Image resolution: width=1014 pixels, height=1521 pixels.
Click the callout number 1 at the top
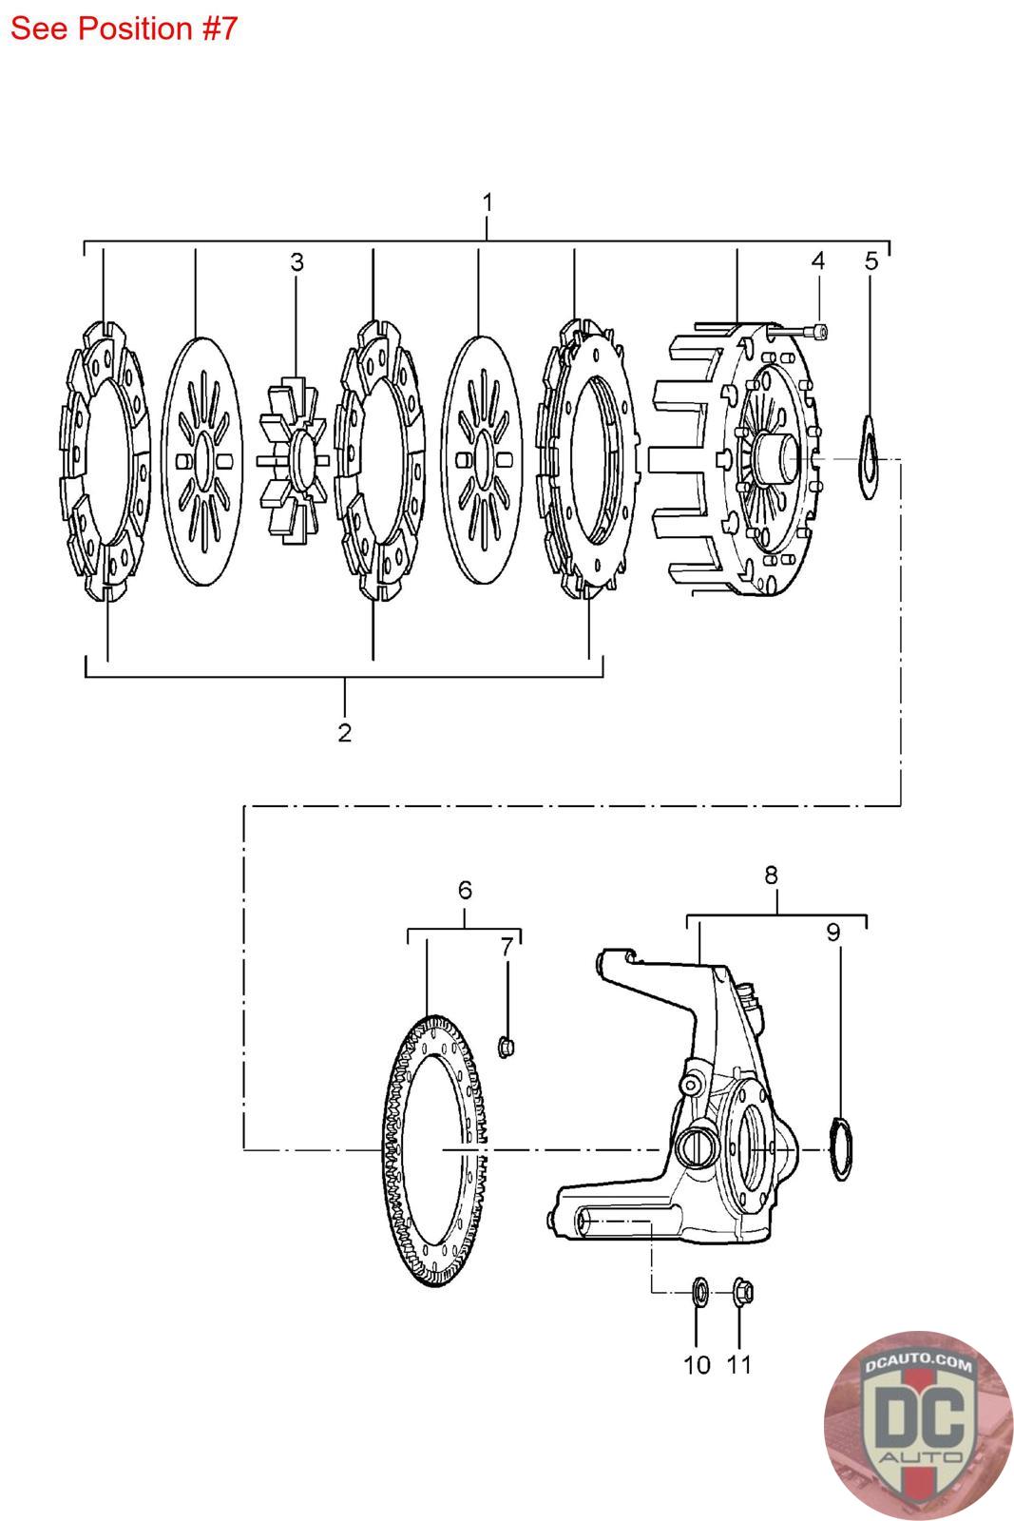488,202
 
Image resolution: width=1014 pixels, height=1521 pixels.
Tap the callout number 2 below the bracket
344,732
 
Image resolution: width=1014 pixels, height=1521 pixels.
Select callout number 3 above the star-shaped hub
297,262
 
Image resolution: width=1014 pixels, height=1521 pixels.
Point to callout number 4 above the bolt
817,260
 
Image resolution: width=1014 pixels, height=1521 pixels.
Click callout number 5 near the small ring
871,260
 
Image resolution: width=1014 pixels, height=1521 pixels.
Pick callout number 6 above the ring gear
465,890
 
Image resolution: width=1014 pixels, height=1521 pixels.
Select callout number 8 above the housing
771,875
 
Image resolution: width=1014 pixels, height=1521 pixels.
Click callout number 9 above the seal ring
833,932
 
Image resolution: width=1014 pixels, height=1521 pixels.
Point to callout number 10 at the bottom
697,1365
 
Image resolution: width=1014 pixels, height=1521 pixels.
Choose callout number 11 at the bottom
739,1365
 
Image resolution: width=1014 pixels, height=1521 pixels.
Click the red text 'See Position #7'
124,29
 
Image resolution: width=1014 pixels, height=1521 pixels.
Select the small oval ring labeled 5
871,455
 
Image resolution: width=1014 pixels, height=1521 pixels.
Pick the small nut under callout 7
506,1047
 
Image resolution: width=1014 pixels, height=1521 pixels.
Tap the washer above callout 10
697,1291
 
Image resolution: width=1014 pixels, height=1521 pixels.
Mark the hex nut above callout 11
742,1291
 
